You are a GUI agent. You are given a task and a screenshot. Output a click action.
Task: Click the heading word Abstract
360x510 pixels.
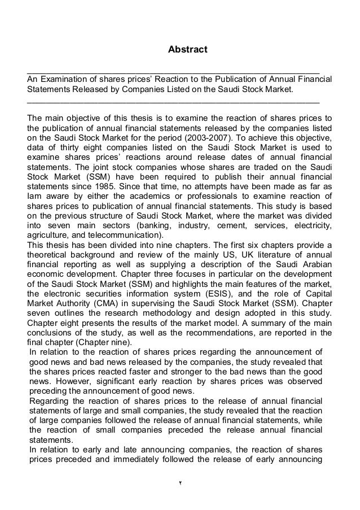click(x=188, y=50)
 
